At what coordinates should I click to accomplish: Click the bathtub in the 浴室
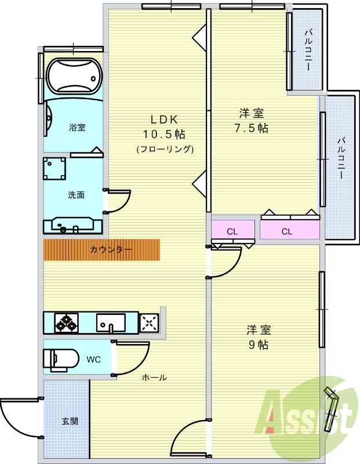coord(75,76)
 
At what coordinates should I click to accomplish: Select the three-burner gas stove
coord(67,322)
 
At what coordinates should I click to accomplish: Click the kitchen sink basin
coord(111,322)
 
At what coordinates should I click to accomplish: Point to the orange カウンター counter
coord(102,250)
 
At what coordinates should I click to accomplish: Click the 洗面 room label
coord(77,195)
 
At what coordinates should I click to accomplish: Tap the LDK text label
coord(164,119)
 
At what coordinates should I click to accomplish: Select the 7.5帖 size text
coord(252,128)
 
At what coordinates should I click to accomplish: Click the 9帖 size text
coord(259,345)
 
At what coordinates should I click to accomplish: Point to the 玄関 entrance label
coord(70,421)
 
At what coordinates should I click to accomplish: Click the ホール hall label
coord(154,378)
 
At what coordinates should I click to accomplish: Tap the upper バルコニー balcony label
coord(308,49)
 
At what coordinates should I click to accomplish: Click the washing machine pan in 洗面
coord(54,169)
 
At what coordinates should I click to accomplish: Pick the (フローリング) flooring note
coord(165,150)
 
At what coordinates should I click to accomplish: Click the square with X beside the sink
coord(150,322)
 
